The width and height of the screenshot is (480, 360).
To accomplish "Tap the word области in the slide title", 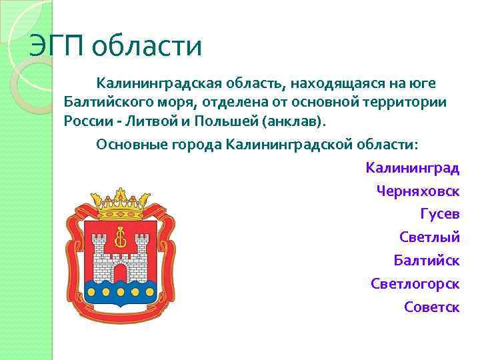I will (147, 47).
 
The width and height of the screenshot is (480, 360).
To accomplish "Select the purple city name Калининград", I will (412, 167).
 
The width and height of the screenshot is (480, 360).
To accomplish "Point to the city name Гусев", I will (440, 214).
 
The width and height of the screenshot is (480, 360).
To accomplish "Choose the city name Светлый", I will (429, 237).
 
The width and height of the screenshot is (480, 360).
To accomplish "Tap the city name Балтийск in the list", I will (427, 260).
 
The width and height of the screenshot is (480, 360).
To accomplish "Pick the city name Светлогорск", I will (415, 283).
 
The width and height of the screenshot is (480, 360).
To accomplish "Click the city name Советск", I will (432, 307).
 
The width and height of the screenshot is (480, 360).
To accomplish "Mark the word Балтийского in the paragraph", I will (107, 103).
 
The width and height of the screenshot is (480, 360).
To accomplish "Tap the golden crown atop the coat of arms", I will (121, 204).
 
